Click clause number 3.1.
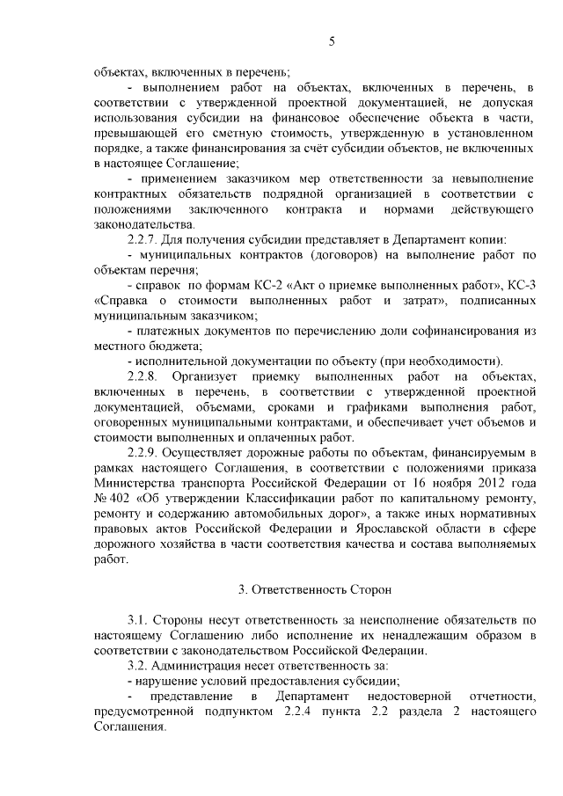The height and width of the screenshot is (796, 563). (139, 620)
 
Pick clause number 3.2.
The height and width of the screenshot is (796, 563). (139, 665)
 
